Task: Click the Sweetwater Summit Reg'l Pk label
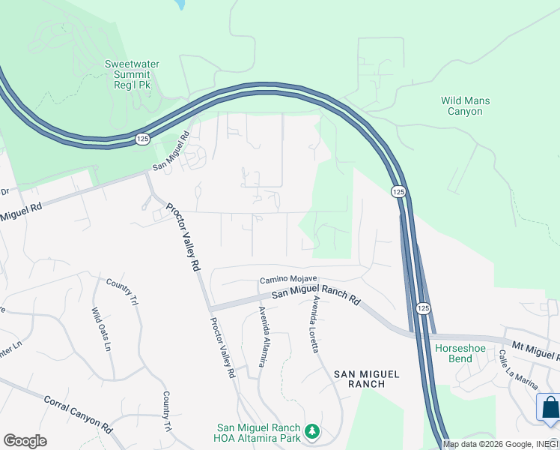click(x=132, y=75)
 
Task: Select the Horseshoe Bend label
click(x=455, y=353)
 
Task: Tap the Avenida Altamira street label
click(x=263, y=337)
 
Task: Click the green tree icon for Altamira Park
click(x=313, y=431)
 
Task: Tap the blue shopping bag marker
click(x=550, y=408)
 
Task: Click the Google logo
click(x=25, y=441)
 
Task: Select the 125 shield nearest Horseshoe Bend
click(x=423, y=308)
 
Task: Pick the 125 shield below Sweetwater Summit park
click(x=141, y=139)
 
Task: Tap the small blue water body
click(x=179, y=4)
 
